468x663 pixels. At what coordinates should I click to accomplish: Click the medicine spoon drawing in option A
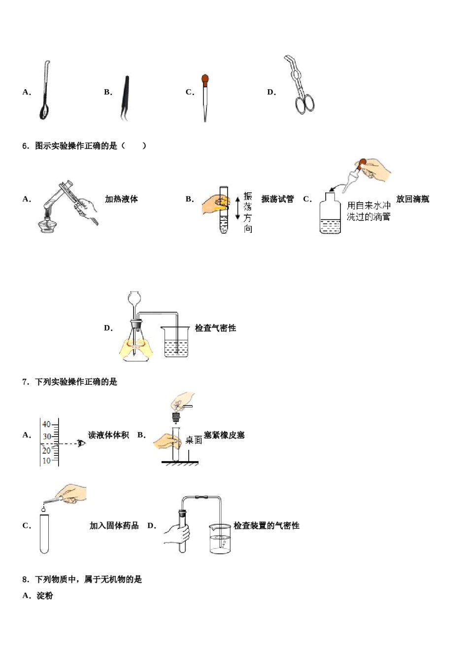point(45,91)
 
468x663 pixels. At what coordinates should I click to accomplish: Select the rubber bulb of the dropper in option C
point(205,79)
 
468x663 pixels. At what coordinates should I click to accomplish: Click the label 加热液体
point(121,199)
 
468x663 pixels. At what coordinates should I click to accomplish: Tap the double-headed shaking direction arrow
point(237,208)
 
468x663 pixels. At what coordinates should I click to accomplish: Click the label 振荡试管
point(277,199)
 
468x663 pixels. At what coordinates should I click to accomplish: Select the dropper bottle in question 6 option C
point(330,215)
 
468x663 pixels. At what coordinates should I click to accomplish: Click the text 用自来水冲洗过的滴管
point(368,211)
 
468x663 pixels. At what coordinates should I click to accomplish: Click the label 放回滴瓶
point(412,199)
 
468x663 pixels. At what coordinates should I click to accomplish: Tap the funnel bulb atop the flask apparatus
point(134,297)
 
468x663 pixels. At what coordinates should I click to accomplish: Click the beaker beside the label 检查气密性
point(175,341)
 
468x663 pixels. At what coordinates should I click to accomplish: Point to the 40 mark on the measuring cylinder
point(46,424)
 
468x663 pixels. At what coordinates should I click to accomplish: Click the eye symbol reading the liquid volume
point(81,443)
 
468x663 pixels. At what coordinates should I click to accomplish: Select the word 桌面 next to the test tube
point(194,440)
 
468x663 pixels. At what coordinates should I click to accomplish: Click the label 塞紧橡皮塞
point(224,435)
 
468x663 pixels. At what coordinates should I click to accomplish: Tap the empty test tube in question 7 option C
point(44,533)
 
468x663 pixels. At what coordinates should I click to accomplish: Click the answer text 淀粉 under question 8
point(45,595)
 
